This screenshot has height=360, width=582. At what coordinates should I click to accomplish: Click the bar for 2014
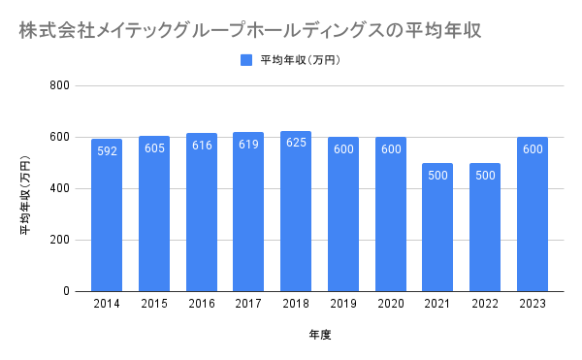pos(107,215)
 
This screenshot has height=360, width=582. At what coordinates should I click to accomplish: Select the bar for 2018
pos(296,212)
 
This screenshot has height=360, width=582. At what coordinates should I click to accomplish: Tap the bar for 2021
pos(437,227)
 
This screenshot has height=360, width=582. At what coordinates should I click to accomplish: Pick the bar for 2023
pos(533,214)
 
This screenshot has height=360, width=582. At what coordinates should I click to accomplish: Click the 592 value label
pos(107,151)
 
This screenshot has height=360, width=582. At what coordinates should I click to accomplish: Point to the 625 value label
pos(296,143)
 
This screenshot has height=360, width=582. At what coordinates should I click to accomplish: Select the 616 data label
pos(202,146)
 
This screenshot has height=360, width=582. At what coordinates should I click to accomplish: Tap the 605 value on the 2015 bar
pos(154,148)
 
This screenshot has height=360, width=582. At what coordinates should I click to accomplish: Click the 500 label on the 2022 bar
pos(485,176)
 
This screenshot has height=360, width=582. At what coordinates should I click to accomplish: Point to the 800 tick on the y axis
pos(60,85)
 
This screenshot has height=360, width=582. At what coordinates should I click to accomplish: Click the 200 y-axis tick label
pos(60,240)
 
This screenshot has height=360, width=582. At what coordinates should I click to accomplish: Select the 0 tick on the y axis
pos(66,291)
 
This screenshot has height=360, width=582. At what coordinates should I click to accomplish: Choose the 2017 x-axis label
pos(248,304)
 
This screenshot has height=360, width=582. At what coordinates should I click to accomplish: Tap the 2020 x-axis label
pos(391,304)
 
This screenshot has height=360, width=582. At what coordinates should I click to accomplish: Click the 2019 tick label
pos(343,304)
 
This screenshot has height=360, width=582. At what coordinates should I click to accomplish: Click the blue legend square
pos(246,60)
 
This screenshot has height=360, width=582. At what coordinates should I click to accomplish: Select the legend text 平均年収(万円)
pos(301,60)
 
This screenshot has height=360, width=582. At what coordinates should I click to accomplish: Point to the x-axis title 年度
pos(320,335)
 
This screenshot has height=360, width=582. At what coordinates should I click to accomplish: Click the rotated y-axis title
pos(25,195)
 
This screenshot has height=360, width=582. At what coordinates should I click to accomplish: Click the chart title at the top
pos(250,30)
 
